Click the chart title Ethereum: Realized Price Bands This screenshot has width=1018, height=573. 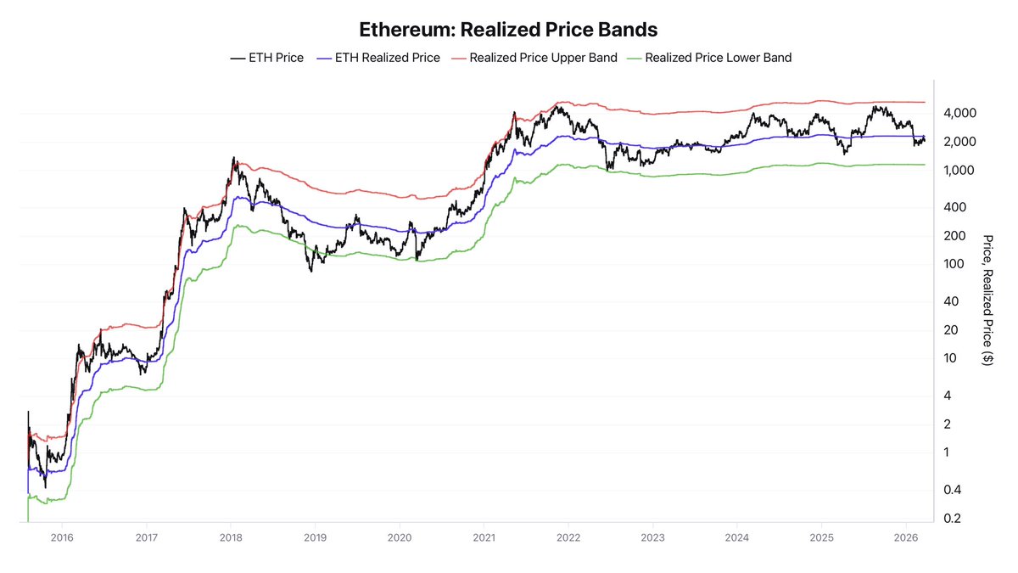pos(508,29)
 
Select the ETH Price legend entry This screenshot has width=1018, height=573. pos(266,58)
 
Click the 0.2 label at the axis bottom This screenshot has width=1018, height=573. pos(952,518)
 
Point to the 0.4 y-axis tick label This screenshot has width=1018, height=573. pos(952,490)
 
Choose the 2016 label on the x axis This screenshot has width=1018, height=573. pos(61,537)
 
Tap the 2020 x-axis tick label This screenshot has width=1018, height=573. pos(400,537)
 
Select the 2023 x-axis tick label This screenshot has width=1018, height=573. pos(652,537)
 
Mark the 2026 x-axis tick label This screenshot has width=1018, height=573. pos(906,537)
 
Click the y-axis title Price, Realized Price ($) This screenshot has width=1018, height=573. pos(987,300)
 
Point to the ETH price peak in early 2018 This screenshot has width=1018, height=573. pos(234,158)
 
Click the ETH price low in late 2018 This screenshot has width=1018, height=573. pos(311,270)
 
